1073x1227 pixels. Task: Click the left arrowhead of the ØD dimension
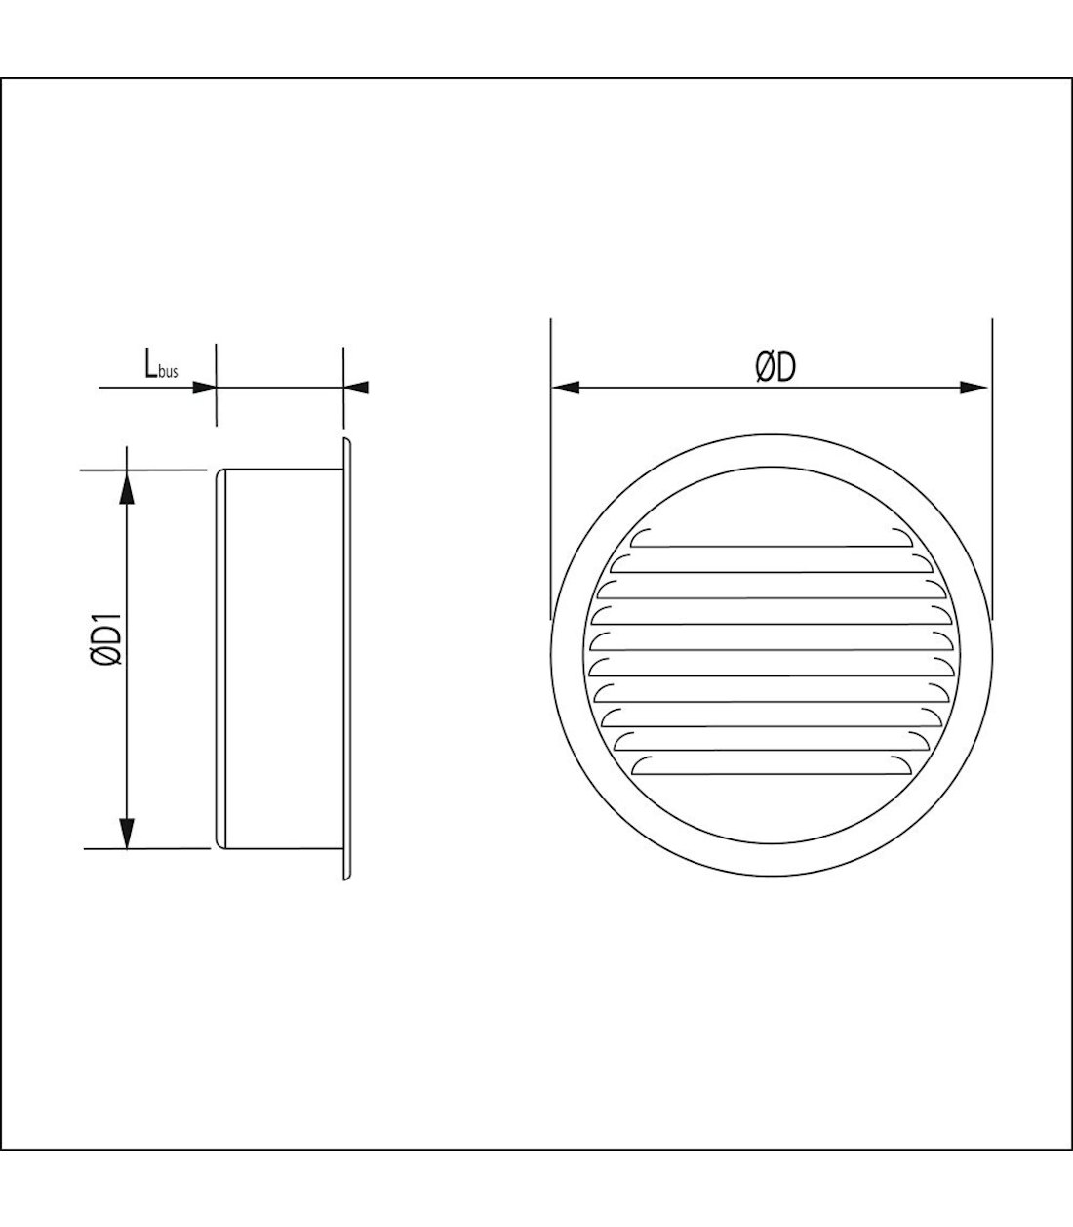coord(566,388)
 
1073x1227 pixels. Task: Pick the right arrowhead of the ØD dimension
coord(975,388)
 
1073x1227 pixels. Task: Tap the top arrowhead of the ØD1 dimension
coord(126,487)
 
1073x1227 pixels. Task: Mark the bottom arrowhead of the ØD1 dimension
coord(126,833)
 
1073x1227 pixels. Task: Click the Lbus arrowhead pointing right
coord(203,388)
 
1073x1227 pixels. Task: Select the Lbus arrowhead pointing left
coord(358,388)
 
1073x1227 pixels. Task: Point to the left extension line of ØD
coord(551,469)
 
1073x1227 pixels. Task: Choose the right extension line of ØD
coord(991,469)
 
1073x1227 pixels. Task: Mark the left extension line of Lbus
coord(216,386)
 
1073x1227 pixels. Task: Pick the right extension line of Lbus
coord(345,386)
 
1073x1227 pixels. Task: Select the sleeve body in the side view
coord(278,660)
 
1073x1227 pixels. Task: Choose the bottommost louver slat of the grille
coord(772,769)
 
